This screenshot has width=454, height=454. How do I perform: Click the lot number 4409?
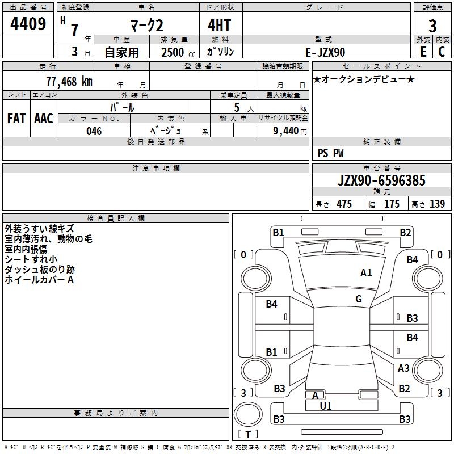coord(28,24)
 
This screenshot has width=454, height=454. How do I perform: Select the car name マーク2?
coord(147,25)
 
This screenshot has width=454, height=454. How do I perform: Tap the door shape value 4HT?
coord(220,25)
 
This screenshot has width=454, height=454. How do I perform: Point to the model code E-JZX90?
coord(325,52)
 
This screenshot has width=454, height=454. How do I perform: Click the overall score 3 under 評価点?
coord(432,26)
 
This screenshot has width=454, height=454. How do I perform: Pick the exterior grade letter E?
coord(423,52)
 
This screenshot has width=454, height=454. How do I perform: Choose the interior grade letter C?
coord(442,52)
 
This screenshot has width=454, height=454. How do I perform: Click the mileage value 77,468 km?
coord(69,81)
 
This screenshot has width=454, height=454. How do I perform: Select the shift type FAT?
coord(16,119)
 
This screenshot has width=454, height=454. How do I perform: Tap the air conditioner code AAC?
coord(44,119)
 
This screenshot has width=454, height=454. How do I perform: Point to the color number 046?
coord(94,131)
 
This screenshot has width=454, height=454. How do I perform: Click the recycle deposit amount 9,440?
coord(286,131)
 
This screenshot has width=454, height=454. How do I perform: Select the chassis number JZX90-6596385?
coord(381,180)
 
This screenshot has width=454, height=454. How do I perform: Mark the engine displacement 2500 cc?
coord(178,52)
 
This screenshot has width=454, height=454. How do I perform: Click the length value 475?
coord(344,204)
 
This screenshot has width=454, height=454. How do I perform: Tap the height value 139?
coord(437,204)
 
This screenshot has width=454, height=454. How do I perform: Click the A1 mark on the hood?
coord(366,273)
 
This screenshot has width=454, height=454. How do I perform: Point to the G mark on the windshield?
coord(359,299)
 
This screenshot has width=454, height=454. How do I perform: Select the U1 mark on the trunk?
coord(326,406)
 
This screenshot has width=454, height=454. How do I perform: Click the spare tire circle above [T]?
coord(248,414)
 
